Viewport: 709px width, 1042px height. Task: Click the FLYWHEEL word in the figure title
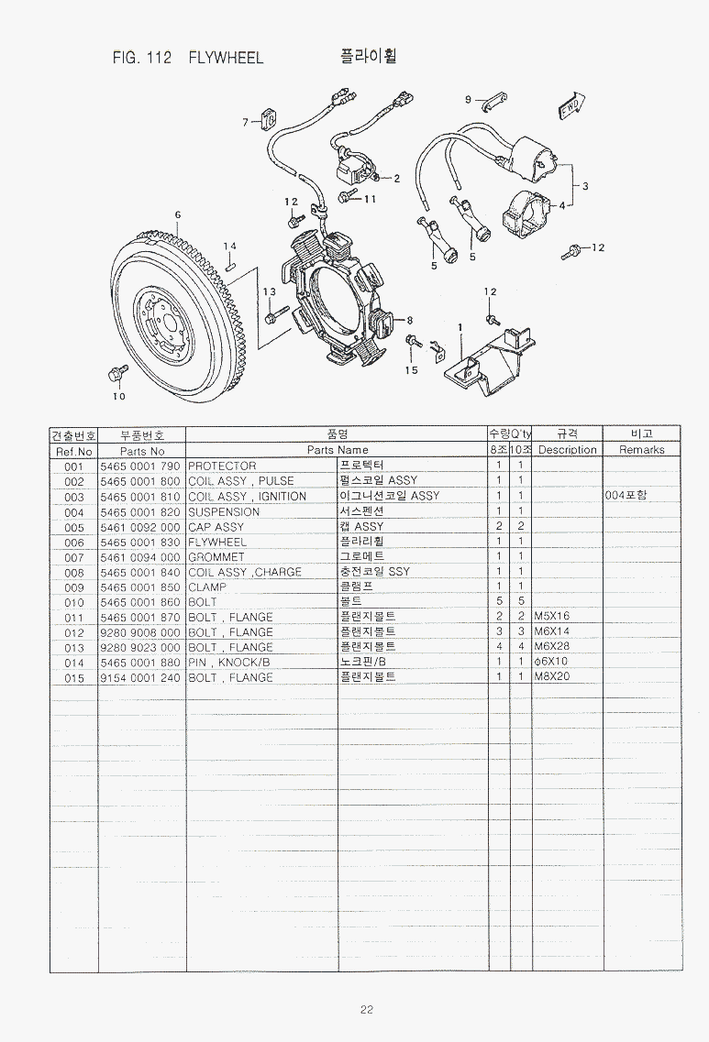tap(226, 58)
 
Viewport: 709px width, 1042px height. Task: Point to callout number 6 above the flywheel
tap(178, 214)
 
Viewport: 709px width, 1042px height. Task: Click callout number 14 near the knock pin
tap(229, 246)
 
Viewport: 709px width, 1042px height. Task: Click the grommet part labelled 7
tap(270, 120)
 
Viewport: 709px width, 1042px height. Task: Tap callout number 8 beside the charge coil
tap(410, 321)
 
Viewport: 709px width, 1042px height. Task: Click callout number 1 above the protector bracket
tap(460, 327)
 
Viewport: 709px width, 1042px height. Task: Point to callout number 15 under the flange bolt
tap(412, 370)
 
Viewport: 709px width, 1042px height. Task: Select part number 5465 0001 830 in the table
tap(139, 543)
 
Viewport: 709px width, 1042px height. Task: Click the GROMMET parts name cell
tap(216, 557)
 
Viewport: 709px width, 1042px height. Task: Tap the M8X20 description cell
tap(552, 676)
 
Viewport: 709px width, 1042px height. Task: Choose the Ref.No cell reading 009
tap(74, 587)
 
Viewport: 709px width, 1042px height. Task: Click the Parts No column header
tap(141, 451)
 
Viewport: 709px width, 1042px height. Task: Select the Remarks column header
tap(642, 449)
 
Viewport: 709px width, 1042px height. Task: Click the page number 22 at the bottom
tap(367, 1009)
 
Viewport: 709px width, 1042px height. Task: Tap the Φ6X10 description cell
tap(550, 662)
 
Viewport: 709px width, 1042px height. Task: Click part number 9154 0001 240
tap(139, 678)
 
